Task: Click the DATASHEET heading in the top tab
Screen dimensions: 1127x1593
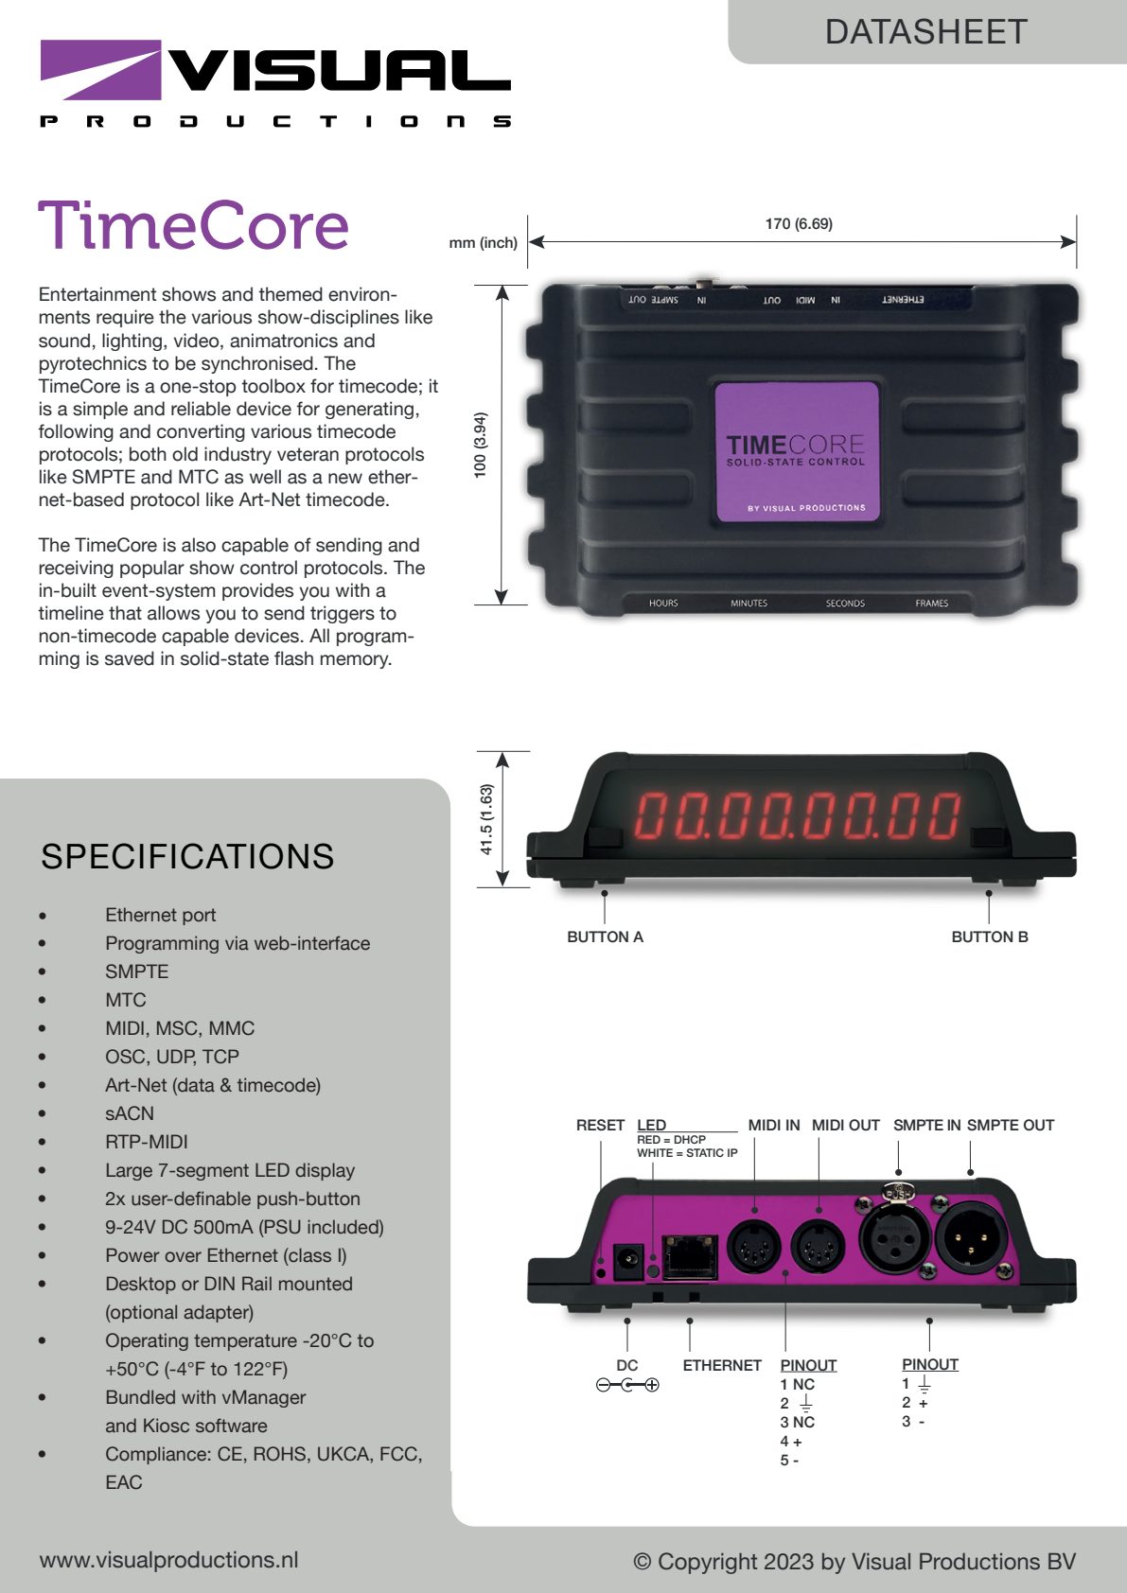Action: tap(925, 32)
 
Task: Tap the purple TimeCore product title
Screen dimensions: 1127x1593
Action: tap(194, 225)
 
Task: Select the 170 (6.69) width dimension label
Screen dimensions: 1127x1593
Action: tap(799, 224)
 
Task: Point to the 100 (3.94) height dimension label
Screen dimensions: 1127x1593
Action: tap(481, 445)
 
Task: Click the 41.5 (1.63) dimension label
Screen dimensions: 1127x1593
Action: tap(486, 819)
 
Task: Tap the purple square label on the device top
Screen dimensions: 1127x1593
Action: tap(797, 452)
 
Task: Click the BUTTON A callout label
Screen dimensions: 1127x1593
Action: tap(605, 937)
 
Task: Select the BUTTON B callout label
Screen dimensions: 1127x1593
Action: tap(990, 937)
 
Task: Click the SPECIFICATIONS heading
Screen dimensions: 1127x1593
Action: tap(187, 856)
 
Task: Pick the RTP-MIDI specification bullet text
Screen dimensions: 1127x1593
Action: tap(147, 1142)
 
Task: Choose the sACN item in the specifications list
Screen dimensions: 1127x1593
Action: tap(130, 1113)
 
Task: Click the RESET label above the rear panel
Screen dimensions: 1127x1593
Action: tap(600, 1125)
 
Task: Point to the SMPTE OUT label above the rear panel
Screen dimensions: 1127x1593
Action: tap(1011, 1125)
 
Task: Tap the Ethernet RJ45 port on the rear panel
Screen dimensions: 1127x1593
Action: tap(690, 1257)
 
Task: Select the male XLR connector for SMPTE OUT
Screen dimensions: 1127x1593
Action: tap(971, 1238)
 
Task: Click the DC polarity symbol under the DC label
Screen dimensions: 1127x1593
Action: tap(627, 1385)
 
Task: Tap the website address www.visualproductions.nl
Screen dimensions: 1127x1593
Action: tap(168, 1560)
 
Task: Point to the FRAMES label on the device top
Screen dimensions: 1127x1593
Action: tap(931, 604)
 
